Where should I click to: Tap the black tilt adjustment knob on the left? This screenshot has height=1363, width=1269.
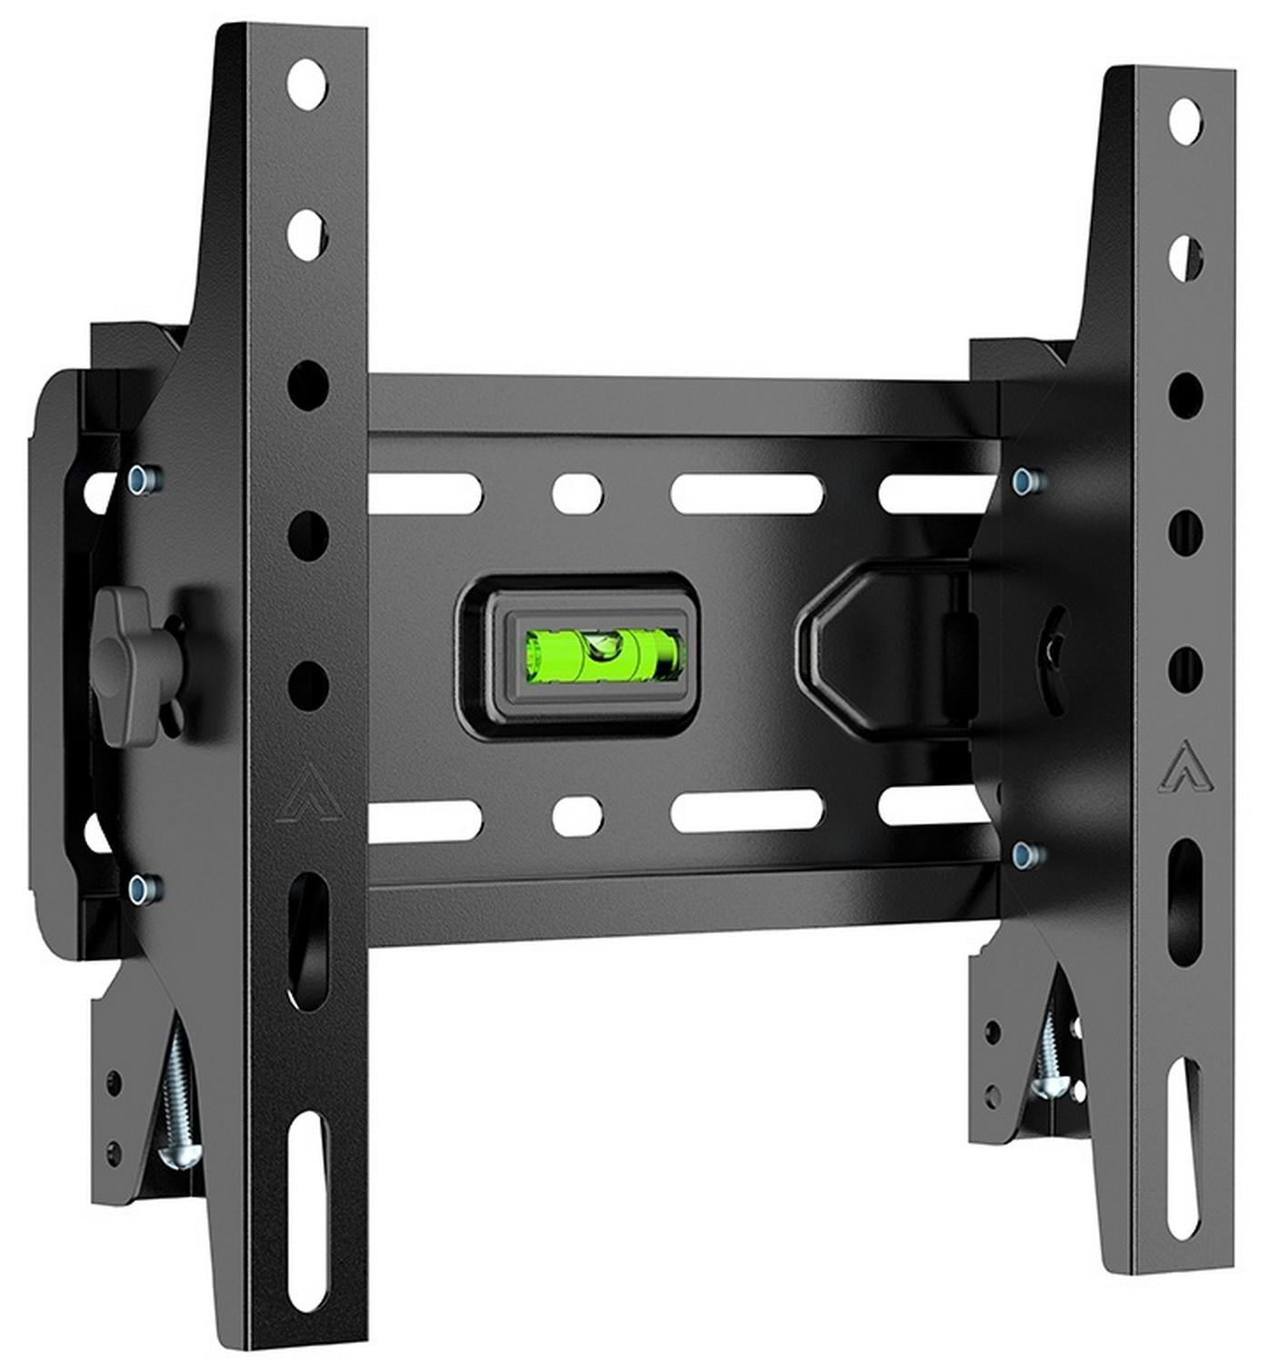[x=132, y=662]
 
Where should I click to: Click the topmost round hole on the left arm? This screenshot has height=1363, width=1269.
[x=307, y=84]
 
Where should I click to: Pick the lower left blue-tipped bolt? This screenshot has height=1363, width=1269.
[x=143, y=888]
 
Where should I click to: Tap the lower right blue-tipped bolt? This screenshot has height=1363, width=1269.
[x=1027, y=853]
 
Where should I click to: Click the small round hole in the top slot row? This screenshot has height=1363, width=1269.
[x=577, y=493]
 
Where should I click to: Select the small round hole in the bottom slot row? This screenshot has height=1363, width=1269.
[x=577, y=815]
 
